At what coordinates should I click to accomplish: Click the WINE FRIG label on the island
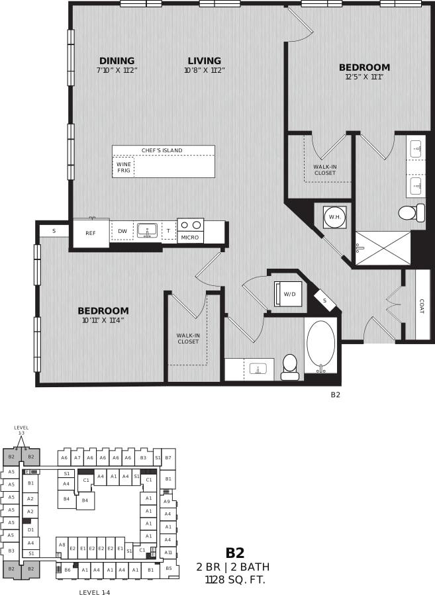(x=124, y=167)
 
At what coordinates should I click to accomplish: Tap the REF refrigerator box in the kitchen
(x=91, y=233)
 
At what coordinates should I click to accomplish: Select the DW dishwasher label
(x=122, y=231)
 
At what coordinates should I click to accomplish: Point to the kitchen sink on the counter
(x=147, y=230)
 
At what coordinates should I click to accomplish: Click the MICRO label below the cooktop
(x=190, y=238)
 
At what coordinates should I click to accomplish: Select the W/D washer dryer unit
(x=289, y=294)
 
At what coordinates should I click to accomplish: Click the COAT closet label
(x=422, y=307)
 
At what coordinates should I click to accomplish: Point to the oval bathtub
(x=321, y=346)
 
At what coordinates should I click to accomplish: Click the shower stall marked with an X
(x=383, y=248)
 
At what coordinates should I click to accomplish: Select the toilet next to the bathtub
(x=290, y=367)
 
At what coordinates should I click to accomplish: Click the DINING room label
(x=117, y=60)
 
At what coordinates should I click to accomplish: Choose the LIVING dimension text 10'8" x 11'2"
(x=205, y=70)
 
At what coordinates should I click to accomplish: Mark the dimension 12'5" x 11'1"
(x=364, y=77)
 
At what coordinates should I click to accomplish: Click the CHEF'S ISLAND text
(x=162, y=150)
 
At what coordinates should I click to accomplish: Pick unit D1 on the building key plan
(x=30, y=529)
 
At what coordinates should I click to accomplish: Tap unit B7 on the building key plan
(x=168, y=457)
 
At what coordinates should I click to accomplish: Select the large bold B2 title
(x=235, y=553)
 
